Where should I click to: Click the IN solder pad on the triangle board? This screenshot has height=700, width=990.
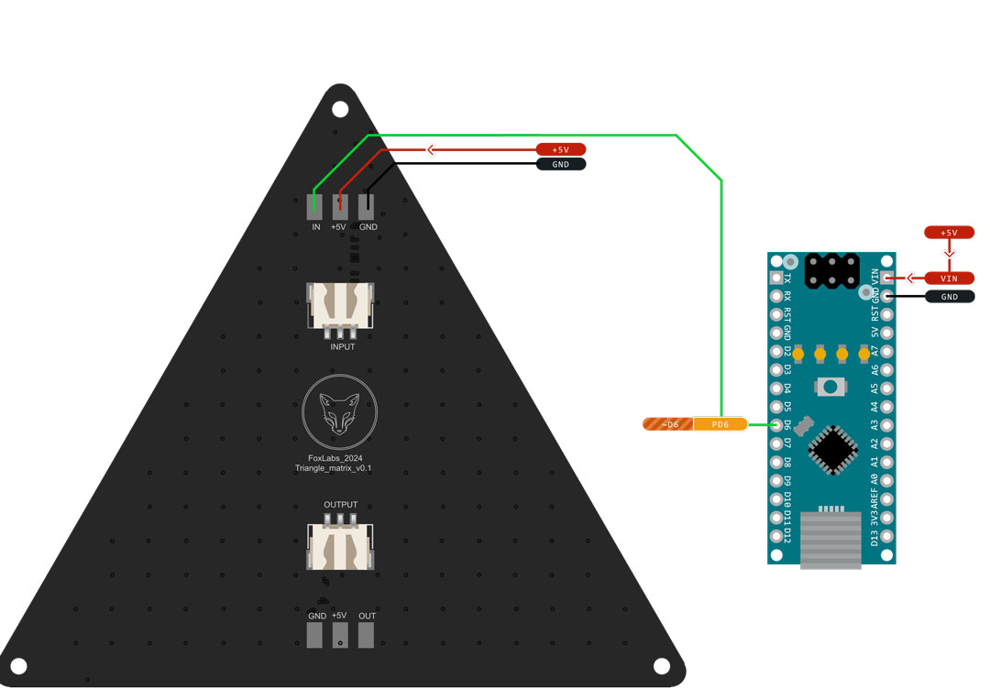point(314,207)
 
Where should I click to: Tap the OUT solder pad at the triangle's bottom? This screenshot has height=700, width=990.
point(367,635)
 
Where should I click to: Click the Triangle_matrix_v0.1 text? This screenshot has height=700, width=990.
point(339,468)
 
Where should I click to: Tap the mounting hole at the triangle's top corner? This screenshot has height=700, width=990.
point(340,110)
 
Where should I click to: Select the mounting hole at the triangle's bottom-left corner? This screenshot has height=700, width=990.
point(18,666)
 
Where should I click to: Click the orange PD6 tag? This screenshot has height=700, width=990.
point(720,424)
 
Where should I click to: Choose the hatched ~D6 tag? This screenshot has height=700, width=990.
point(667,424)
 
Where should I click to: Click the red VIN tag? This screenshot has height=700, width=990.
point(949,278)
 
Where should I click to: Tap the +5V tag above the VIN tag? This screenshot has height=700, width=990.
point(949,233)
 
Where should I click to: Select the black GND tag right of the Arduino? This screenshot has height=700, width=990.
point(949,297)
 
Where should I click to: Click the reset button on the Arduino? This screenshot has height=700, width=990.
point(831,387)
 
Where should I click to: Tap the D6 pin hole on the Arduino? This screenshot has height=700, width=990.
point(777,424)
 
